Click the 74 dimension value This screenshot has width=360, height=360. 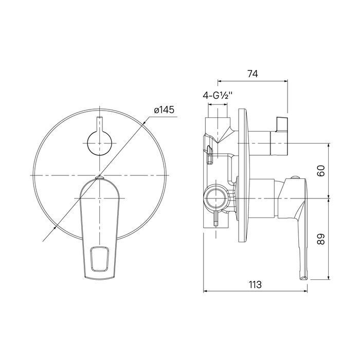[x=253, y=74]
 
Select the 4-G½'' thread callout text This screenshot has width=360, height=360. [x=218, y=95]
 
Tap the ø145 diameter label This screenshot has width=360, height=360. [x=164, y=110]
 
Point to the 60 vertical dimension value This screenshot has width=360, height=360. [x=321, y=171]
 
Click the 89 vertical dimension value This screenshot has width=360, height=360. [x=321, y=239]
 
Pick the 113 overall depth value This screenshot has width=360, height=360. [x=255, y=285]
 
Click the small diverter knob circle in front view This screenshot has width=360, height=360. [x=100, y=143]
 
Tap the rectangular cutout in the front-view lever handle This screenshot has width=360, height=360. [x=100, y=258]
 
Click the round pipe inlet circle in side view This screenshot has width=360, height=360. [x=217, y=198]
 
